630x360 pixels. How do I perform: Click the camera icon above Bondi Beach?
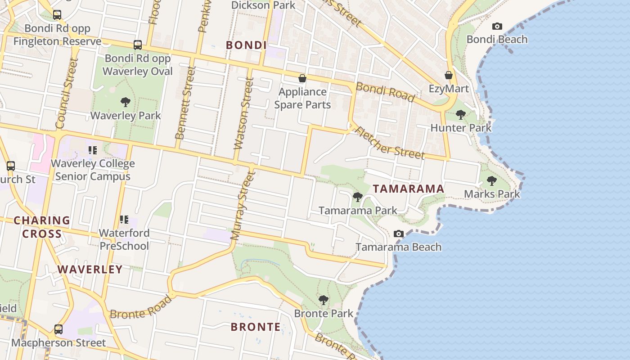[x=497, y=27]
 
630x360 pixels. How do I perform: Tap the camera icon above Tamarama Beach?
[x=399, y=234]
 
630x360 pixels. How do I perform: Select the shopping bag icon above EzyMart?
[x=449, y=75]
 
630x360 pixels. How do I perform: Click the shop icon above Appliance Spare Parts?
[x=302, y=79]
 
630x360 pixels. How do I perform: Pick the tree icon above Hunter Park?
[x=461, y=115]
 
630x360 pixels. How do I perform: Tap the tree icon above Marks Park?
[x=492, y=181]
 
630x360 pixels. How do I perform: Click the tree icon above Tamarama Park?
[x=358, y=197]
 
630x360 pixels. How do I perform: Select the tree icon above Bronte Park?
[x=324, y=300]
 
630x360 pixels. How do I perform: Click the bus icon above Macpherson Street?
[x=58, y=329]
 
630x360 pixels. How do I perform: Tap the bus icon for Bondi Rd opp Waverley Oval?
[x=138, y=45]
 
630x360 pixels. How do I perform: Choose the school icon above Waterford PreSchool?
[x=124, y=220]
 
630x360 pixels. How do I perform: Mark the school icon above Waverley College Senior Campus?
[x=93, y=150]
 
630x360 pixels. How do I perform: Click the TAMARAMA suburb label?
[x=409, y=189]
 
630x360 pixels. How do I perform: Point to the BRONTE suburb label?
[x=256, y=327]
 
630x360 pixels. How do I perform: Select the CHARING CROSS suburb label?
[x=42, y=227]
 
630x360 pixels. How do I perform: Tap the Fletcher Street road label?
[x=390, y=142]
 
